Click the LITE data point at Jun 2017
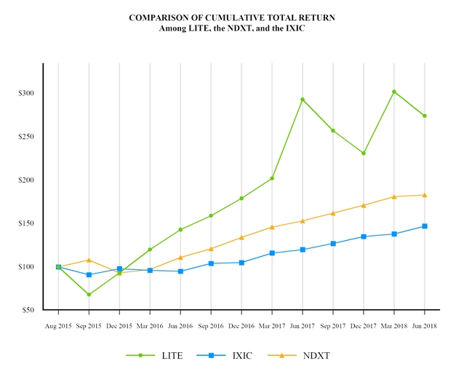303,100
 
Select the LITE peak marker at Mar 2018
394,92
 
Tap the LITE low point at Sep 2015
89,295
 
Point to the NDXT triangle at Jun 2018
425,195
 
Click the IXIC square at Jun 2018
425,226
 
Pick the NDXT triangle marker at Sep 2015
89,260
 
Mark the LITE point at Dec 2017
364,154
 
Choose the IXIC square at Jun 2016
180,271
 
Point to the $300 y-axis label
25,94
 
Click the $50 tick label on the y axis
27,310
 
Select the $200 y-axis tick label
25,180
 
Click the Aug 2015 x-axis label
58,327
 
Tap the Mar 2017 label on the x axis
272,327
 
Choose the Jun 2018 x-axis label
425,327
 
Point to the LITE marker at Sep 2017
333,131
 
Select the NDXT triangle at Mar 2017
272,227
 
